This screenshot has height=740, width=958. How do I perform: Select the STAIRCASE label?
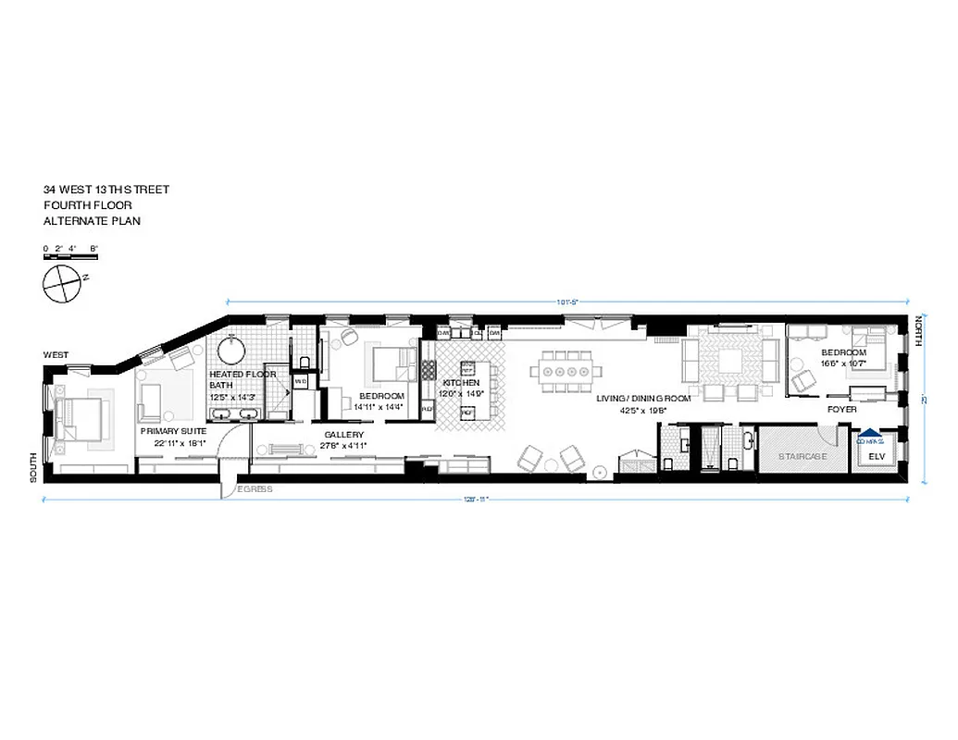click(802, 457)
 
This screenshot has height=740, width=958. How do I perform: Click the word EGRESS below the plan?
click(255, 489)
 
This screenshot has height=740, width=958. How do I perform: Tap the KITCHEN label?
click(460, 383)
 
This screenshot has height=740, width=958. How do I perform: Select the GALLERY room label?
click(343, 435)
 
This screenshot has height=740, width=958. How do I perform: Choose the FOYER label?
click(842, 409)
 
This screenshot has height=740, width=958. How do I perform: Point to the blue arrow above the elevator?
click(869, 431)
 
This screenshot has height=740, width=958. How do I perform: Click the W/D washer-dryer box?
click(300, 381)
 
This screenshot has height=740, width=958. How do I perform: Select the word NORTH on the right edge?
click(919, 331)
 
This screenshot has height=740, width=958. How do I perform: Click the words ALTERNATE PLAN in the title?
click(92, 221)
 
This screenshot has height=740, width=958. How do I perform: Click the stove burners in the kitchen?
click(429, 370)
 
